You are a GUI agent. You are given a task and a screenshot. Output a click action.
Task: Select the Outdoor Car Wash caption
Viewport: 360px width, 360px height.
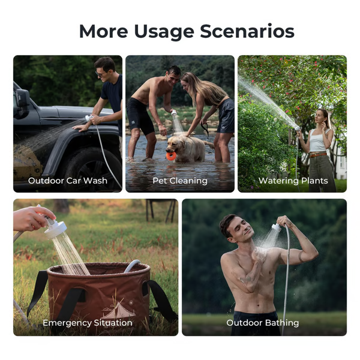pos(68,181)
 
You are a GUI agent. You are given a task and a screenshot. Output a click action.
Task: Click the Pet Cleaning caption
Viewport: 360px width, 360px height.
pos(180,181)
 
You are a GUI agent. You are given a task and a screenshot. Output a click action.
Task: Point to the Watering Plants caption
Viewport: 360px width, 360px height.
pos(293,181)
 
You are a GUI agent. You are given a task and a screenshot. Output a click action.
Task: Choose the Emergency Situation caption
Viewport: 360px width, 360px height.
pos(88,323)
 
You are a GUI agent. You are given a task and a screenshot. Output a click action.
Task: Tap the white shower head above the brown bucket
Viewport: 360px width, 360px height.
pos(55,229)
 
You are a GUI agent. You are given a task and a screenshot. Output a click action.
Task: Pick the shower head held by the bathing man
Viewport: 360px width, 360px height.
pos(276,228)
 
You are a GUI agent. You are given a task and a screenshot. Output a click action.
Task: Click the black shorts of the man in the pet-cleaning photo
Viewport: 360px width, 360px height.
pos(140,116)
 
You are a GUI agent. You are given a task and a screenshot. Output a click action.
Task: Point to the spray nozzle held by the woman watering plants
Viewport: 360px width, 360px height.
pos(297,128)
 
